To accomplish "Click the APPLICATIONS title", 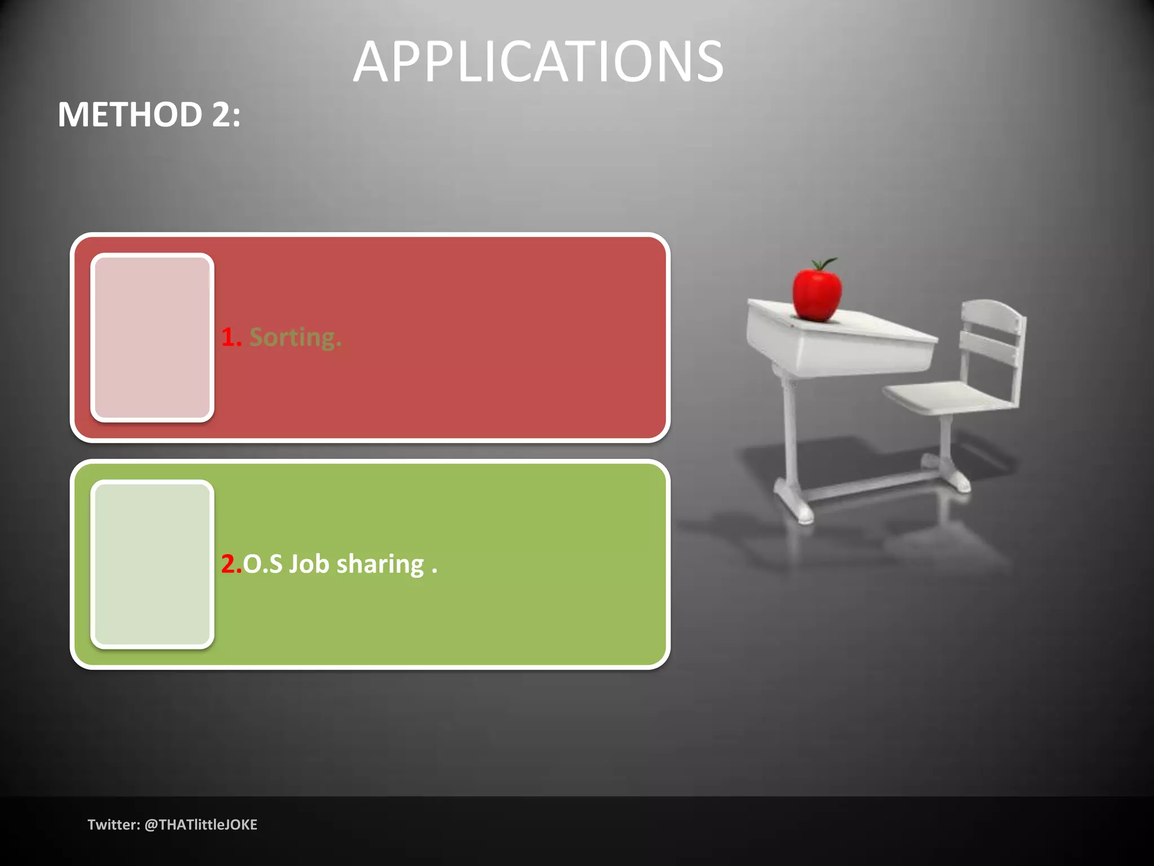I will [x=538, y=62].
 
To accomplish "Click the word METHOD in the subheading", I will [x=130, y=115].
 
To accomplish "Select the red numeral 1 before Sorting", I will [x=229, y=337].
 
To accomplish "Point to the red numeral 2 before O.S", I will [x=229, y=564].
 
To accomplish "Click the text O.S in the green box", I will [x=263, y=564].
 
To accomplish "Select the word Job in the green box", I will [x=309, y=564].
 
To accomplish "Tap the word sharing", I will [x=380, y=564].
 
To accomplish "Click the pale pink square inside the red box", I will [x=152, y=337].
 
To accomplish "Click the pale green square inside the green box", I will [x=152, y=564].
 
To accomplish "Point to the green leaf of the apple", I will [x=825, y=263].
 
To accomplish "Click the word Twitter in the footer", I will [x=113, y=825].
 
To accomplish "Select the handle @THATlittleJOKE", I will [x=201, y=825].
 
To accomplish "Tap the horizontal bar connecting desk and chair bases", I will [x=879, y=485].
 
